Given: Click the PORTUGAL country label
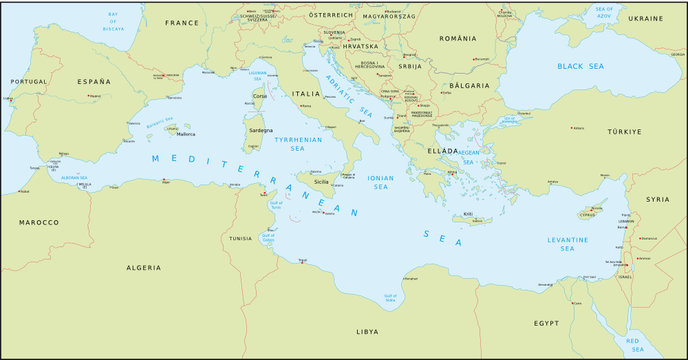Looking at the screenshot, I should click(28, 81).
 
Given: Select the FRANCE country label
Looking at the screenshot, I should click(182, 22).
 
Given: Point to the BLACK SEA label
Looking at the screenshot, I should click(582, 65).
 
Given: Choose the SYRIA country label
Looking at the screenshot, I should click(657, 199).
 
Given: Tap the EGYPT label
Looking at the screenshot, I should click(546, 324).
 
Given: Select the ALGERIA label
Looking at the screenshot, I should click(142, 268).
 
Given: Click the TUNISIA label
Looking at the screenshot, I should click(240, 239).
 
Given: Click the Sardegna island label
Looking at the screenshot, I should click(259, 130).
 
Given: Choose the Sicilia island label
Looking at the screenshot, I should click(321, 183).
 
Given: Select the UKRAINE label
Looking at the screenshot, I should click(645, 19).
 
